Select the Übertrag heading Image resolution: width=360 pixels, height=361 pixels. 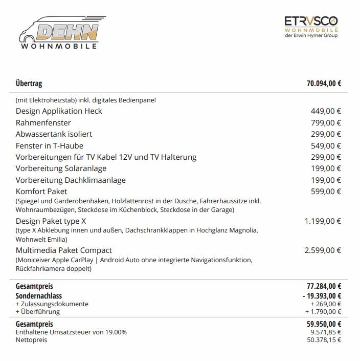coord(29,84)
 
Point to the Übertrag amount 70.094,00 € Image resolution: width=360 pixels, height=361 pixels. coord(324,84)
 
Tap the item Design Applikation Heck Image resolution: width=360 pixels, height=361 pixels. coord(59,111)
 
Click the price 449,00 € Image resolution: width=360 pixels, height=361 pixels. coord(326,111)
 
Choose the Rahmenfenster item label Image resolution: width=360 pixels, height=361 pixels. coord(43,123)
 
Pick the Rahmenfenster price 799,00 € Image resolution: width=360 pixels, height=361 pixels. coord(326,123)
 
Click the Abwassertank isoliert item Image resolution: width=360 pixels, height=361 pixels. coord(54,134)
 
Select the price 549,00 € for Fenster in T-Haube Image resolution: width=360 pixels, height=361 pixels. coord(326,146)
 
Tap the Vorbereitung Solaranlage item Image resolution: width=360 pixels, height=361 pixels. coord(61,168)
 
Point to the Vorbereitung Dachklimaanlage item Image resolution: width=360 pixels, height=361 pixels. coord(71,180)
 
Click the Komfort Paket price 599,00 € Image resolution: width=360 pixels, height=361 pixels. coord(326,192)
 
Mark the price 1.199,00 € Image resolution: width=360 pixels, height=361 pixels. coord(323,221)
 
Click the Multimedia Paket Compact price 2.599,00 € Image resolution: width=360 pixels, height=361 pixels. coord(323,250)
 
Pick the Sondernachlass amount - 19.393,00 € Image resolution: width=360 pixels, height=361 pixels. coord(322,295)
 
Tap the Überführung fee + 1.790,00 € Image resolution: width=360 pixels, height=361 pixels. coord(323,311)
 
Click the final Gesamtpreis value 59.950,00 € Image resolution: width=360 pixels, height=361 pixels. coord(322,324)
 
